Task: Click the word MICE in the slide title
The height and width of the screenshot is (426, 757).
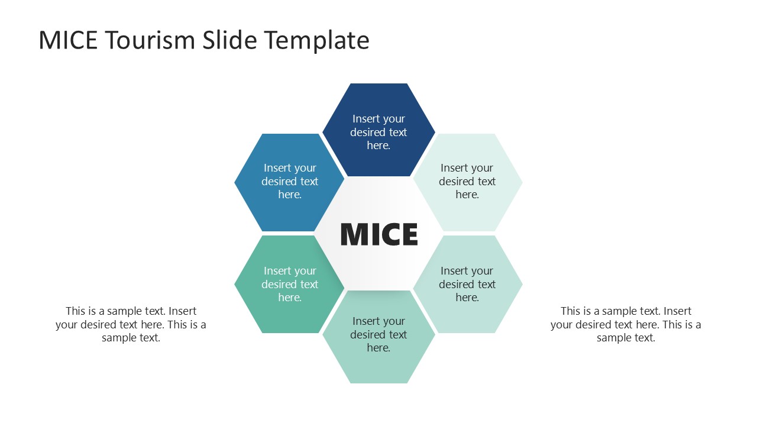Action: [66, 40]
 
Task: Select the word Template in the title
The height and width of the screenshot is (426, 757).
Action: [316, 40]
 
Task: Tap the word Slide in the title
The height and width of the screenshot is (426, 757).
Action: [229, 40]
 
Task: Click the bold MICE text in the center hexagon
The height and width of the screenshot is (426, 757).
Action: [379, 234]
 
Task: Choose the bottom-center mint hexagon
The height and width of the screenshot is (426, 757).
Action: [378, 367]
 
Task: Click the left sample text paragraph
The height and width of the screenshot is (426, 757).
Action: [131, 324]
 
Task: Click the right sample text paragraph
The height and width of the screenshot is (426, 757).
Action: [626, 324]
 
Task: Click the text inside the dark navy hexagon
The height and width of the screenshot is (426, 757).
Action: [378, 132]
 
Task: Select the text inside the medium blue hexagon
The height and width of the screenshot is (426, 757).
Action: [290, 181]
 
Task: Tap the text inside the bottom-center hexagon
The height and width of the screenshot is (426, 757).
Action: [378, 334]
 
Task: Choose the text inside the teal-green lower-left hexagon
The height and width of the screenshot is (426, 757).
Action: [290, 284]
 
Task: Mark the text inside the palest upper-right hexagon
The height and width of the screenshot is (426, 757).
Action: [467, 181]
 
